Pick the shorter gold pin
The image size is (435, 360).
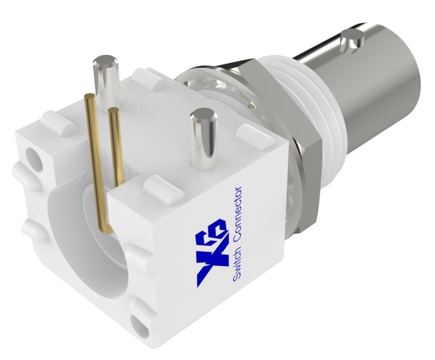click(x=116, y=145)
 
